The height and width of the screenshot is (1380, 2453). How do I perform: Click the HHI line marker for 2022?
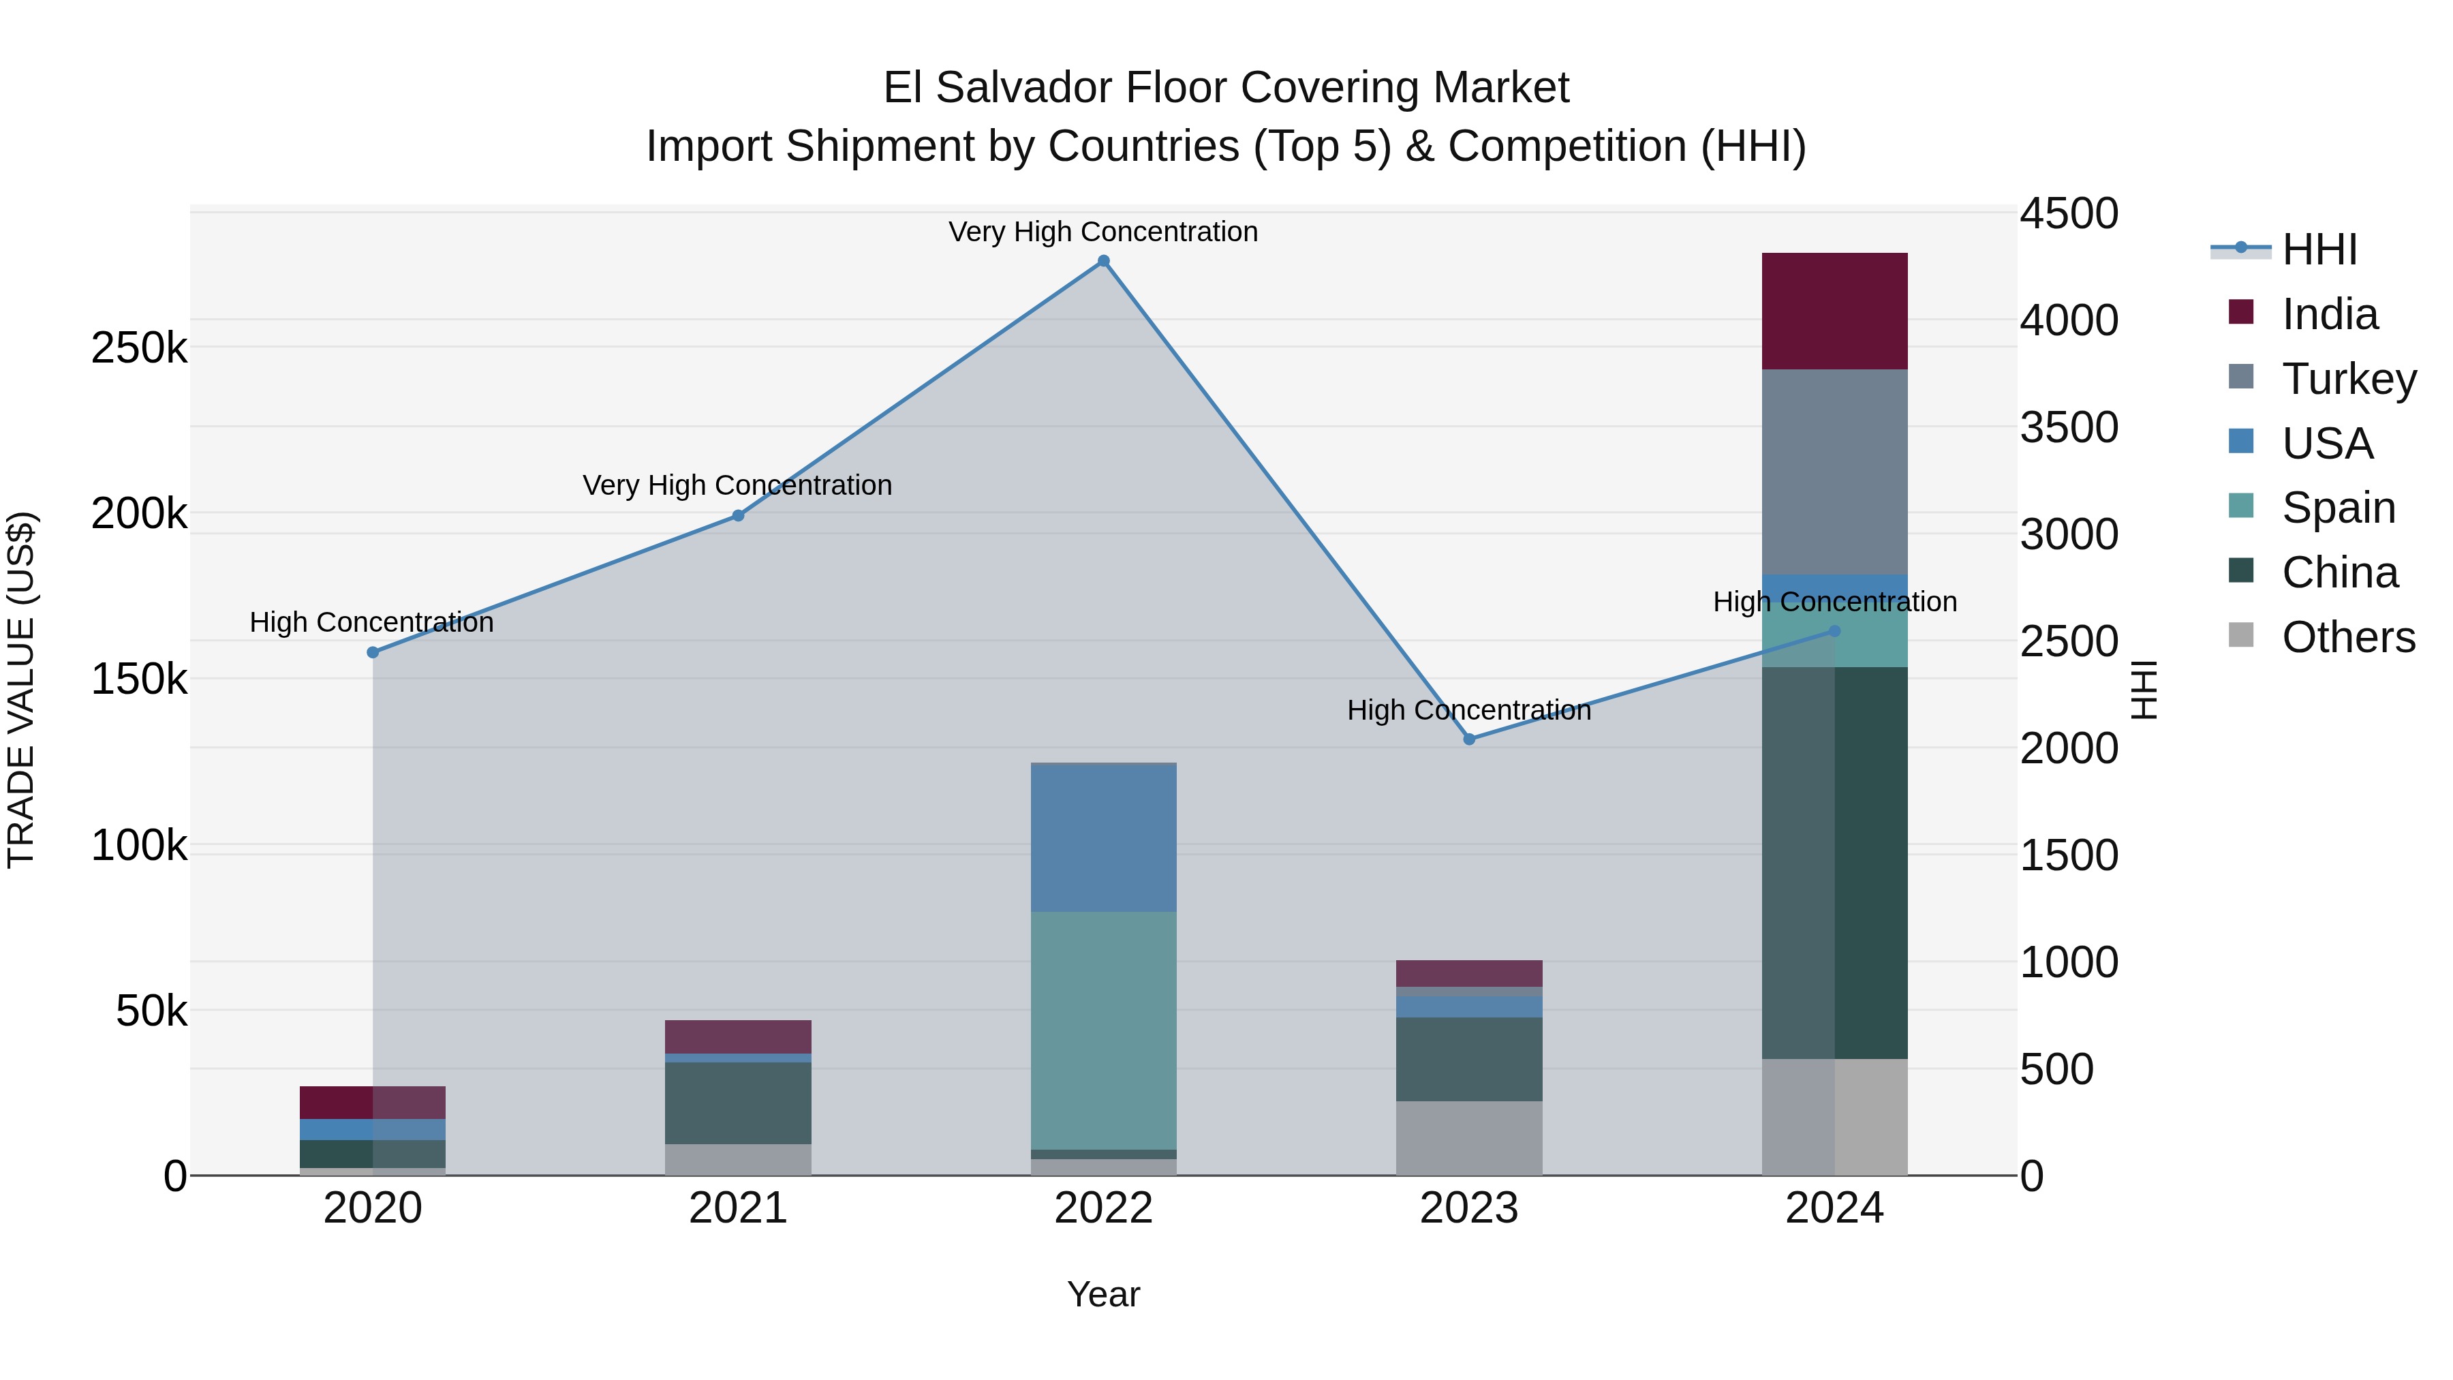(x=1104, y=261)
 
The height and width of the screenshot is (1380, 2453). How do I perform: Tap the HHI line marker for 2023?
(x=1469, y=739)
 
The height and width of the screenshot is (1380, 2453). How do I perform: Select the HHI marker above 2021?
(x=738, y=516)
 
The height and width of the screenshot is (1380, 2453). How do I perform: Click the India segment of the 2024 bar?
(x=1834, y=311)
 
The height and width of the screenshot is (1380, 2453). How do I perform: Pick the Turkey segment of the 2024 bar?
(x=1834, y=472)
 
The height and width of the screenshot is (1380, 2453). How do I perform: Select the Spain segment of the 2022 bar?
(x=1104, y=1030)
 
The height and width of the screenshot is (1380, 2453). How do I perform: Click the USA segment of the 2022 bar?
(x=1104, y=838)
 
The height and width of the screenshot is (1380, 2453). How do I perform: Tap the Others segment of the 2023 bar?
(x=1469, y=1138)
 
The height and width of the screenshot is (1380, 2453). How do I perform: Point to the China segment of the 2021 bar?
(x=738, y=1103)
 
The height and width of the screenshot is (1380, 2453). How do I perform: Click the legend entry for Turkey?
(x=2348, y=379)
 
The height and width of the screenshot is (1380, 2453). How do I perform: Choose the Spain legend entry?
(x=2338, y=508)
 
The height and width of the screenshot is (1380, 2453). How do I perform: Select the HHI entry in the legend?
(x=2319, y=249)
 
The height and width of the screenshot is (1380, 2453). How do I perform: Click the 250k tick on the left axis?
(x=139, y=348)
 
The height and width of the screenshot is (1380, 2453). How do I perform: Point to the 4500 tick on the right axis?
(x=2068, y=213)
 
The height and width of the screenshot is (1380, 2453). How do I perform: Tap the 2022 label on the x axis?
(x=1104, y=1208)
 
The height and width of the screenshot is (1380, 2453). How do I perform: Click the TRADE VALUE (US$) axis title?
(x=21, y=690)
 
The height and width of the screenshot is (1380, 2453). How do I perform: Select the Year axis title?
(x=1104, y=1294)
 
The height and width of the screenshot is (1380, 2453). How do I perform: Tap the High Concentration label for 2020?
(x=371, y=623)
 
